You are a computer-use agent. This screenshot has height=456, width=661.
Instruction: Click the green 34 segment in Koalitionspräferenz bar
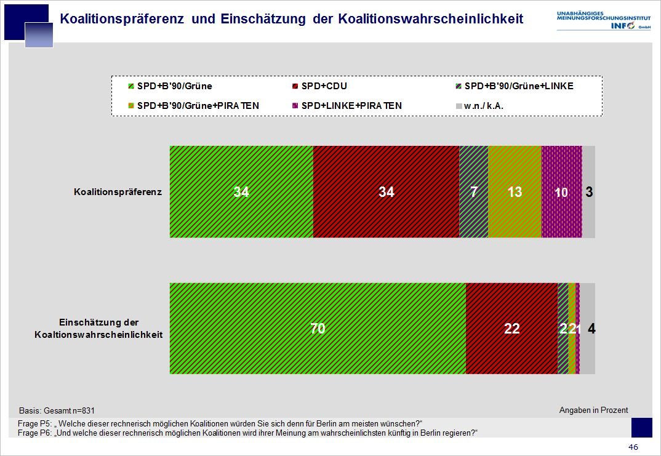(x=241, y=192)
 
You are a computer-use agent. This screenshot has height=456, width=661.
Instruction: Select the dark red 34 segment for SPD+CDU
(x=386, y=192)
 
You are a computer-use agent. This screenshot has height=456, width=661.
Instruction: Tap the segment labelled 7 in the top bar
(x=473, y=192)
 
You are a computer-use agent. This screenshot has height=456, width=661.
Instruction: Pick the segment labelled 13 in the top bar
(x=515, y=192)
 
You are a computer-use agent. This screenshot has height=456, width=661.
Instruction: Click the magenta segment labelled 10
(x=561, y=192)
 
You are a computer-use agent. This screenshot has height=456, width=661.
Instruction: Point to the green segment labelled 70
(x=318, y=329)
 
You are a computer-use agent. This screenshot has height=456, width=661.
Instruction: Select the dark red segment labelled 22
(x=511, y=329)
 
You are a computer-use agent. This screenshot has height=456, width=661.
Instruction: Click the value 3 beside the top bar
(x=589, y=192)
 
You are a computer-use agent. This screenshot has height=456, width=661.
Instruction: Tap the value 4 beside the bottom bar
(x=591, y=329)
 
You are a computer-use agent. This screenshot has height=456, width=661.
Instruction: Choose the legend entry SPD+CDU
(x=324, y=86)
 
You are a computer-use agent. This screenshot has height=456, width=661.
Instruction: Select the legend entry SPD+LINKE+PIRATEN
(x=351, y=105)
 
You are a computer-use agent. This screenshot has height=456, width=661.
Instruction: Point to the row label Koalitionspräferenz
(x=118, y=192)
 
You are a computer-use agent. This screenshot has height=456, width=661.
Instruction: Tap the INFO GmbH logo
(x=603, y=20)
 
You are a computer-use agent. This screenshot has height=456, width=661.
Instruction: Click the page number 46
(x=633, y=447)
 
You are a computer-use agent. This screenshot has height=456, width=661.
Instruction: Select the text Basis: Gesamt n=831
(x=57, y=410)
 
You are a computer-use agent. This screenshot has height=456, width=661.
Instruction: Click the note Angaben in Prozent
(x=593, y=410)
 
